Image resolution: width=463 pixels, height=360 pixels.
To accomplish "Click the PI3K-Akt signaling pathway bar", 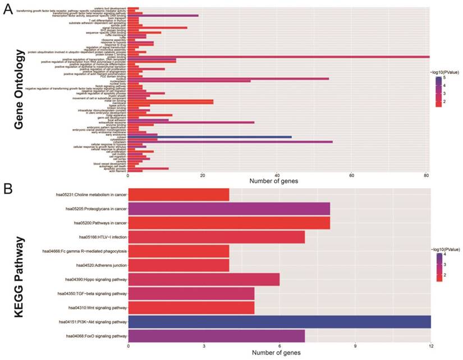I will click(279, 322).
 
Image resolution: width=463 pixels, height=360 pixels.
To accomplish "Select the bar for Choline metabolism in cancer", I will click(178, 195).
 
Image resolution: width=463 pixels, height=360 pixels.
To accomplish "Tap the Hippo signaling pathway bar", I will click(204, 279).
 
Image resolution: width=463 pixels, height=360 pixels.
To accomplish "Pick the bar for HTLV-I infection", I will click(217, 237).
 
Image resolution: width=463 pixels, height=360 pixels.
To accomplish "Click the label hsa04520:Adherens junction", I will click(96, 265).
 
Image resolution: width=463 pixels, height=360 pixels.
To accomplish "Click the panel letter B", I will click(8, 188).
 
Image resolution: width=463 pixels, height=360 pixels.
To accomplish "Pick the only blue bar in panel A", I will click(210, 137).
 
